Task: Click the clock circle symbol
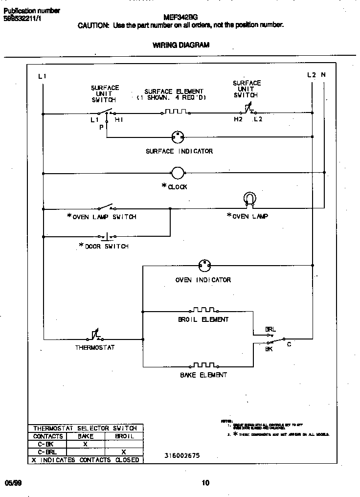177,173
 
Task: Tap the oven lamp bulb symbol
249,199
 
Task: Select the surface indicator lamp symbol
177,137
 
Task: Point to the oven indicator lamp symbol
204,266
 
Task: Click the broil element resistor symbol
203,310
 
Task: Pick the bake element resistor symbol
203,365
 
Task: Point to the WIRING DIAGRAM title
181,45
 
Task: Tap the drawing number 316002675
182,455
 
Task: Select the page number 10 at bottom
205,483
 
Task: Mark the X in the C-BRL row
124,452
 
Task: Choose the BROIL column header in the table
124,436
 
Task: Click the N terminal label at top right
323,75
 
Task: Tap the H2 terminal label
238,119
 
